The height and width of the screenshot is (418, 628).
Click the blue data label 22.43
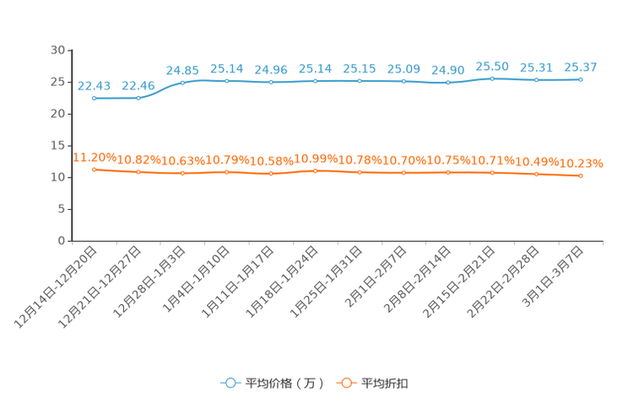[x=94, y=86]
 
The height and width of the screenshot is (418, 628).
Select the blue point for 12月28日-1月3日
[x=182, y=83]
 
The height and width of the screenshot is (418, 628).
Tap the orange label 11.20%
[x=95, y=158]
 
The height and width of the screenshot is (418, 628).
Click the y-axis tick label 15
[x=57, y=146]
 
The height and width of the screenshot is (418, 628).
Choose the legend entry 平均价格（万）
[x=273, y=383]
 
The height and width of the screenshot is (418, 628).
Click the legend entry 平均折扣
[x=372, y=383]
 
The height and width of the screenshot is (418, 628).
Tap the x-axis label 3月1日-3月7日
[x=553, y=276]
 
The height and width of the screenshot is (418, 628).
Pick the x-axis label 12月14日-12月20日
[x=56, y=287]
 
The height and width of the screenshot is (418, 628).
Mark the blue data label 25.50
[x=492, y=67]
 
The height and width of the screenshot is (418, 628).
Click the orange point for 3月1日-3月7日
[x=581, y=175]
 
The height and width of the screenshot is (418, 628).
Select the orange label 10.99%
[x=316, y=158]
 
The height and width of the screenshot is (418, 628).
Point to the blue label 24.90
[x=447, y=71]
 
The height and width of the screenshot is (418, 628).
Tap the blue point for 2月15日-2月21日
[x=492, y=79]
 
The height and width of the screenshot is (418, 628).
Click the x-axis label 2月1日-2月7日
[x=376, y=276]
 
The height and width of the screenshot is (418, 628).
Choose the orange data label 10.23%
[x=581, y=163]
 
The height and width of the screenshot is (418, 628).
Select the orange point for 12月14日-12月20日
[x=95, y=169]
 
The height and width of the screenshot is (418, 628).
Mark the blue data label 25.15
[x=360, y=69]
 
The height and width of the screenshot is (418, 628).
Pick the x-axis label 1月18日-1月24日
[x=282, y=281]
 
